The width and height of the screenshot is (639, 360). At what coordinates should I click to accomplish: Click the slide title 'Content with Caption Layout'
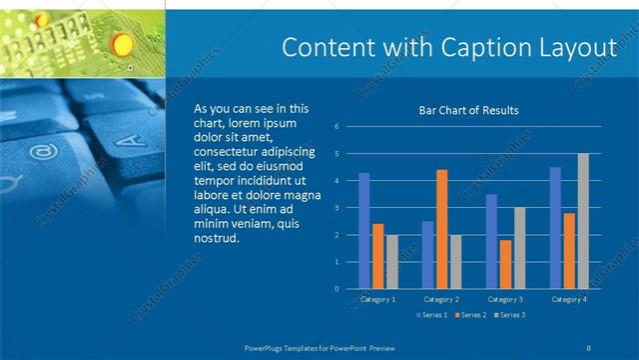(x=448, y=48)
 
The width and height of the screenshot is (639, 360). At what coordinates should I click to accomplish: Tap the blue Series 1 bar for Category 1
(x=363, y=231)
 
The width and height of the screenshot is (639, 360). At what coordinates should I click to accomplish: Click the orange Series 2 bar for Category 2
(x=441, y=229)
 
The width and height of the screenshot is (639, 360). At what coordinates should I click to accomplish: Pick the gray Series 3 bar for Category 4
(x=583, y=221)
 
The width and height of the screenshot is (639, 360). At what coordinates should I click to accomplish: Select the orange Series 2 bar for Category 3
(x=505, y=264)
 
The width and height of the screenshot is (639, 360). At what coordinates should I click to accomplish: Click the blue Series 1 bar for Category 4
(x=555, y=228)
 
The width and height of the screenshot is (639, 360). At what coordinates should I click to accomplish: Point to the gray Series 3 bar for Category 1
(x=391, y=262)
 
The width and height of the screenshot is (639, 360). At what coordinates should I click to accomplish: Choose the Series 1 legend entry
(x=431, y=315)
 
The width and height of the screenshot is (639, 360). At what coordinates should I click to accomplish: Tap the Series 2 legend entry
(x=470, y=315)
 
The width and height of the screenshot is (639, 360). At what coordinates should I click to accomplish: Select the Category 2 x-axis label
(x=441, y=299)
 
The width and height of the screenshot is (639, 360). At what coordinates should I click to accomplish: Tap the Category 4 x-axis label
(x=569, y=299)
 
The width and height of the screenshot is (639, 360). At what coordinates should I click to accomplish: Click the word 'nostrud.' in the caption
(x=217, y=238)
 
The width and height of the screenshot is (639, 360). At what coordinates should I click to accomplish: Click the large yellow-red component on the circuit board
(x=122, y=42)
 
